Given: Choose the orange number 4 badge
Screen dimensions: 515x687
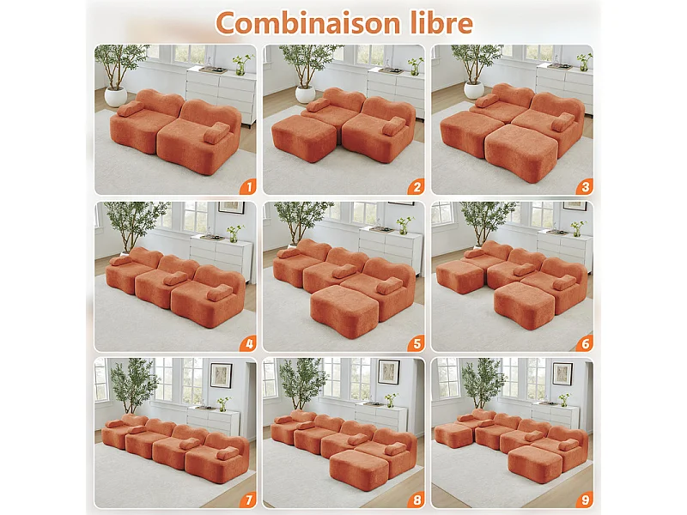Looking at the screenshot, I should point(247,343).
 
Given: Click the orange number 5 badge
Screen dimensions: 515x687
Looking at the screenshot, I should point(416,343).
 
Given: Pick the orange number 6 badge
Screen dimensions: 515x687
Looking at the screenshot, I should point(584,343).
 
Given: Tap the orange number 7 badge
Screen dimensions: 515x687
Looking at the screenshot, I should point(247,500).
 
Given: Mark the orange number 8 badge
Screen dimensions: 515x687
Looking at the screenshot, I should point(416,500).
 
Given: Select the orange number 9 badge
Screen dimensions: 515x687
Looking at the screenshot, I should point(584,500).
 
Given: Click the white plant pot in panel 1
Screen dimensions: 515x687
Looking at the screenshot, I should point(116,96).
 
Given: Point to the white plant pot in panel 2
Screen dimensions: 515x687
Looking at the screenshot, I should point(305,94).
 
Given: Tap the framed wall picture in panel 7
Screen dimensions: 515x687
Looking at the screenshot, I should point(221,374).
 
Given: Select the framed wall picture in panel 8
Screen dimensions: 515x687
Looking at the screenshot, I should point(388,371).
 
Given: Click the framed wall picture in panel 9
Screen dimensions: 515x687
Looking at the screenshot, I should point(562,373).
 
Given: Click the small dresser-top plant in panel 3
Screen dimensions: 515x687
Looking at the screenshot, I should point(584,63).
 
